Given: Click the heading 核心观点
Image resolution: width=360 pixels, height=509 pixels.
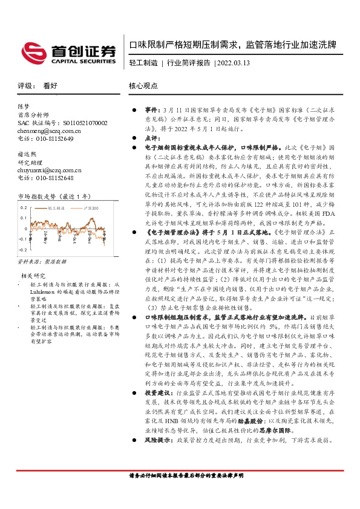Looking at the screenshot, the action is (x=144, y=86).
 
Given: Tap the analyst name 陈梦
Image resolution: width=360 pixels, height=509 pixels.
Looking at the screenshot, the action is (x=24, y=106).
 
